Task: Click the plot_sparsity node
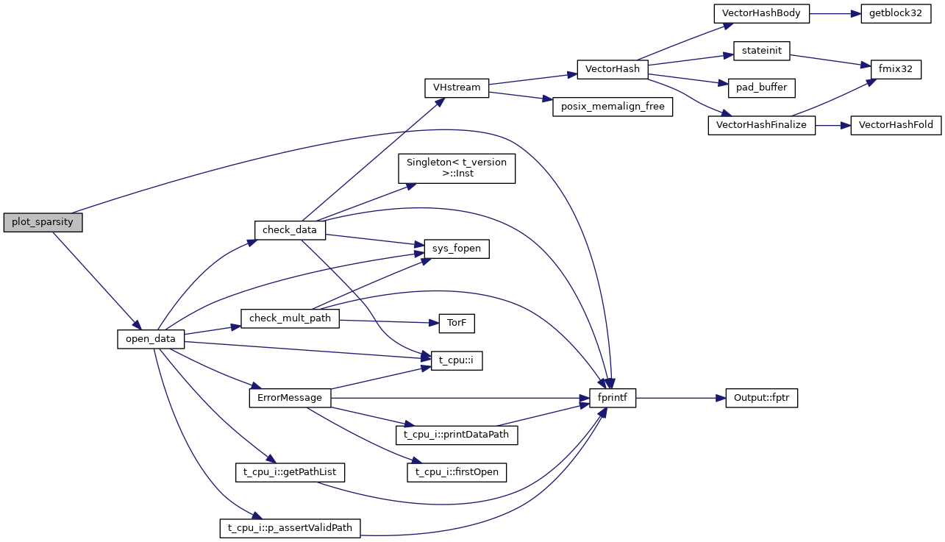click(x=43, y=222)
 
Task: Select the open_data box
click(x=150, y=339)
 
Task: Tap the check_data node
click(x=290, y=229)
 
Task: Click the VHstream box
click(x=457, y=88)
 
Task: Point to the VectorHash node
click(x=613, y=70)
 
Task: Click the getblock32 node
click(x=891, y=14)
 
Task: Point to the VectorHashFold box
click(x=895, y=125)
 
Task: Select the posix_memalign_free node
click(x=613, y=107)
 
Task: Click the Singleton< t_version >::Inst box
click(x=457, y=168)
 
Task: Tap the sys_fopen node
click(x=457, y=249)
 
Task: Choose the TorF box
click(x=457, y=321)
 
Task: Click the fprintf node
click(x=613, y=398)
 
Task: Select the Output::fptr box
click(x=761, y=398)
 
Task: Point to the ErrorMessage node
click(x=290, y=398)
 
